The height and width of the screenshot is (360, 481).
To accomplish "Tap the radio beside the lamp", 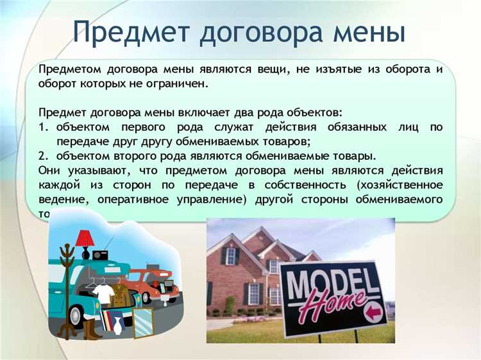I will pos(102,254).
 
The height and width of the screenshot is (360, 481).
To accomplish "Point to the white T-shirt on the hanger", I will pos(102,293).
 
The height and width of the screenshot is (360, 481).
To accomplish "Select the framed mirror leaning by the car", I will pos(142,322).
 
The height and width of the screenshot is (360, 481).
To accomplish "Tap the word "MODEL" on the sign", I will pos(326,280).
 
